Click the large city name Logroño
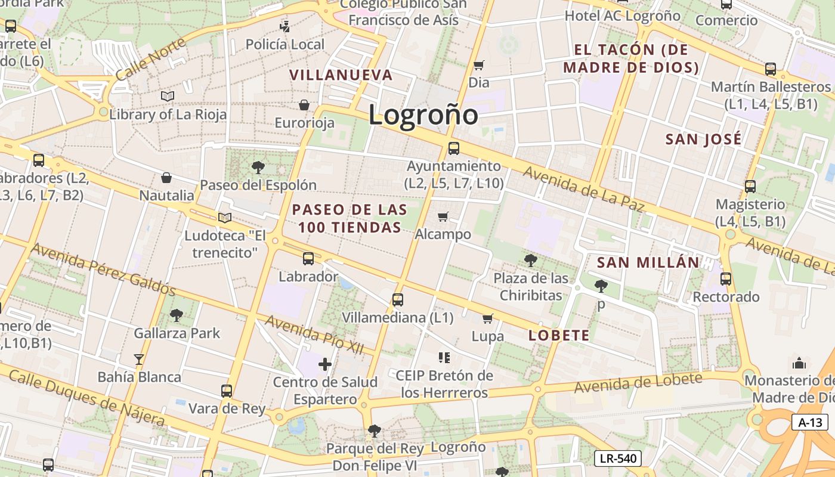[x=423, y=114]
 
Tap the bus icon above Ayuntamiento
[x=454, y=148]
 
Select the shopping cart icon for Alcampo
[x=443, y=216]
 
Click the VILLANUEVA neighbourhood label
[x=341, y=75]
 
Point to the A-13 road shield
[x=810, y=423]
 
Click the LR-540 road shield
[x=617, y=459]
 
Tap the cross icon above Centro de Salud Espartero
[x=325, y=364]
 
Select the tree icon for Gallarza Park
[x=177, y=315]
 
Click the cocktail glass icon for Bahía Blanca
[x=139, y=359]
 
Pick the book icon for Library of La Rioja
[x=168, y=96]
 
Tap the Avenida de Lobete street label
[x=638, y=383]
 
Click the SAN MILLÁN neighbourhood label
[x=648, y=262]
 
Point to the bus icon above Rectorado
[x=726, y=278]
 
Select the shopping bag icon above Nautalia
[x=166, y=178]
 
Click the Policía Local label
[x=285, y=44]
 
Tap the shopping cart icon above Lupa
[x=487, y=318]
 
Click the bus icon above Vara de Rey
[x=227, y=391]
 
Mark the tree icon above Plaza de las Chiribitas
[x=530, y=260]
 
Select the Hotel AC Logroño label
[x=622, y=16]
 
